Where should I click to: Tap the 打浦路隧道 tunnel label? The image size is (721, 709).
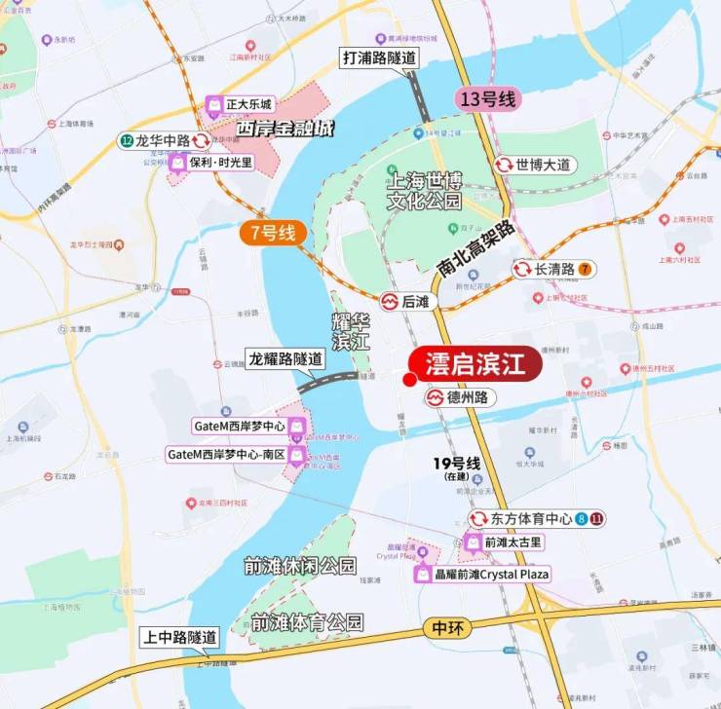click(x=378, y=57)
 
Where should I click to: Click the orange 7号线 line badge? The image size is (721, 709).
click(x=274, y=233)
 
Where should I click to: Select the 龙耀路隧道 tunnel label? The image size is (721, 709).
click(x=284, y=357)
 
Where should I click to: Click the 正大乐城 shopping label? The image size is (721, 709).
click(x=240, y=104)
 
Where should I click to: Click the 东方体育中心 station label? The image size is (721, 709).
click(x=530, y=519)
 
